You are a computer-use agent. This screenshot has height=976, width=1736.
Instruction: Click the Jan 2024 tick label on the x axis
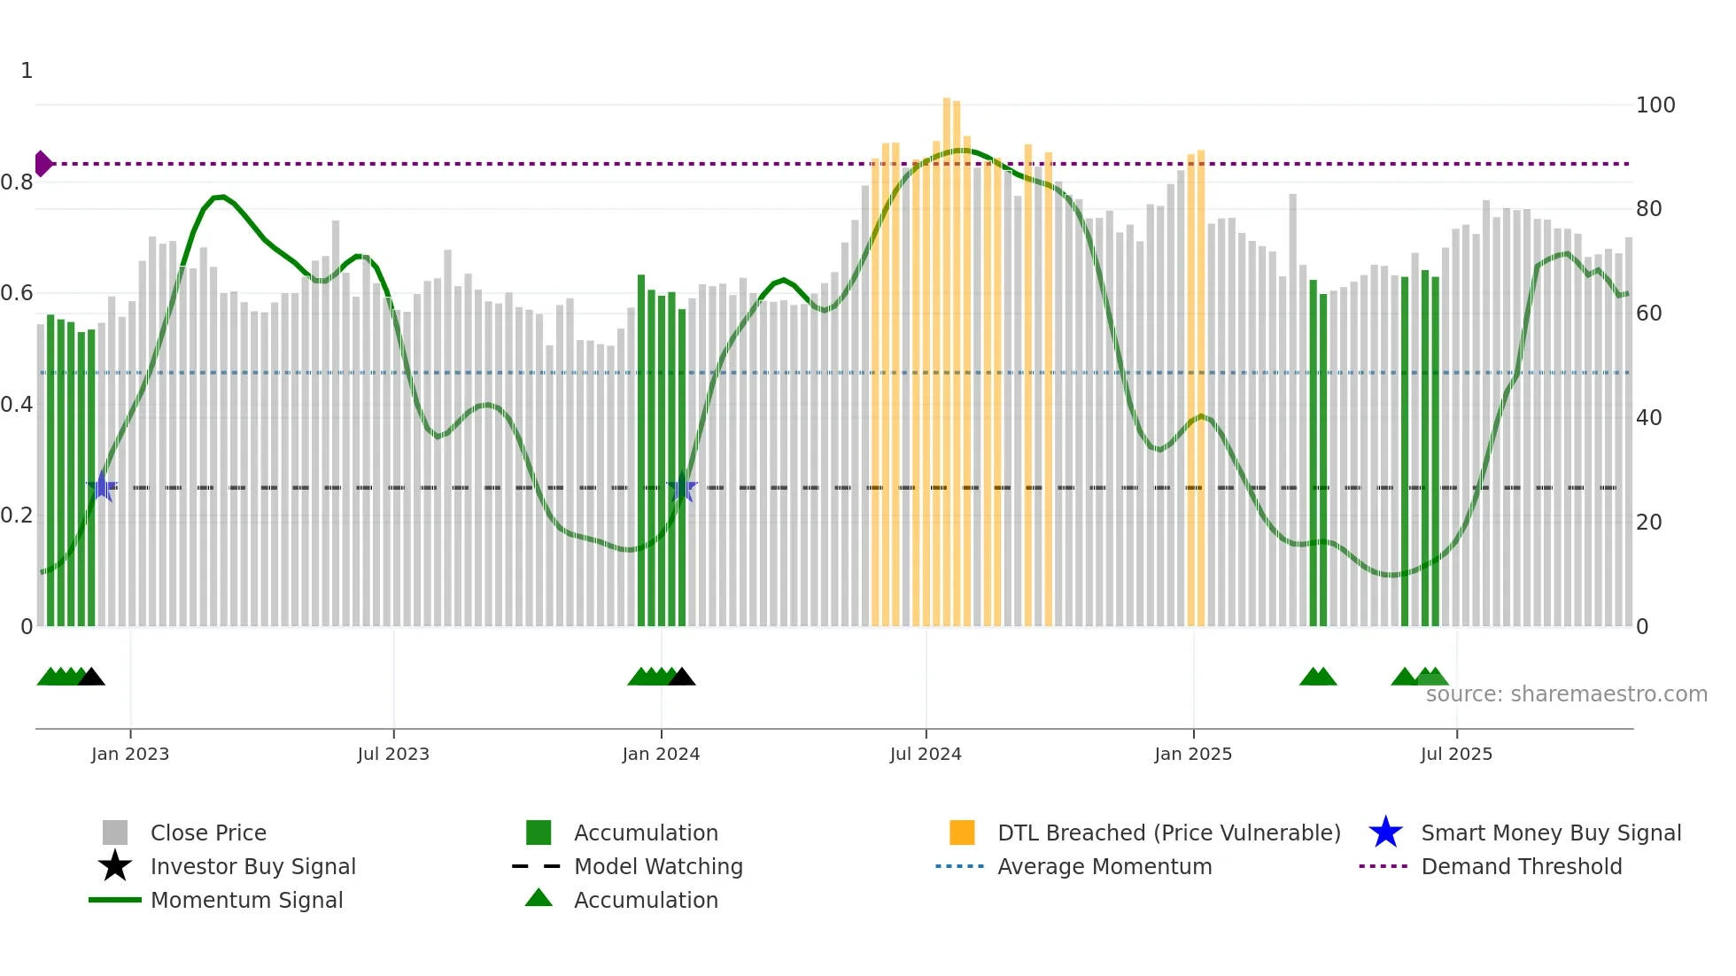tap(661, 755)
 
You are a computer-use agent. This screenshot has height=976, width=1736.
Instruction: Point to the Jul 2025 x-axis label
tap(1456, 755)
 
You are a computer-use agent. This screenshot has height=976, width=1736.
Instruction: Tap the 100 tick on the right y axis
tap(1655, 105)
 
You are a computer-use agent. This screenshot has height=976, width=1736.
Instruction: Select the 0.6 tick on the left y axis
tap(18, 293)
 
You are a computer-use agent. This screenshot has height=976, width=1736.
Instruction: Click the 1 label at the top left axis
tap(27, 71)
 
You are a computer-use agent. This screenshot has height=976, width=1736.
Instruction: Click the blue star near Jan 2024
tap(682, 487)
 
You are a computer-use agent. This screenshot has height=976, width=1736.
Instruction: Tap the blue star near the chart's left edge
tap(102, 486)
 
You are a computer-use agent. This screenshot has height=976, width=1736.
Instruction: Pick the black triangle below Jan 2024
tap(681, 678)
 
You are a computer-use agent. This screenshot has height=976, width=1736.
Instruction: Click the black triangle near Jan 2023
tap(91, 678)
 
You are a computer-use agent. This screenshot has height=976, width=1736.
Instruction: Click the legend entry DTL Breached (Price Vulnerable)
tap(1168, 833)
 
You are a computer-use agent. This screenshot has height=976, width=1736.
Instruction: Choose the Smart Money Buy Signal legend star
tap(1385, 833)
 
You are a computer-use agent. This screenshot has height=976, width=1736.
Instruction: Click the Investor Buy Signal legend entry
tap(252, 867)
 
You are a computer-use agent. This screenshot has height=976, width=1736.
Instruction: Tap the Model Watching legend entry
tap(657, 867)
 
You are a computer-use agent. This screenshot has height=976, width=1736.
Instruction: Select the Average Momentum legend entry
tap(1104, 867)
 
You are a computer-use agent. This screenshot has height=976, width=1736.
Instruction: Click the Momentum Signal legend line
tap(115, 901)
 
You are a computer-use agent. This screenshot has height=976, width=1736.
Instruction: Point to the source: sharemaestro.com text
tap(1566, 694)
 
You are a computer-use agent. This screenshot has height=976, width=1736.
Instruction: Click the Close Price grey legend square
tap(115, 833)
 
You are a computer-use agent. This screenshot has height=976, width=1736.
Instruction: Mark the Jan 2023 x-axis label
tap(130, 755)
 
